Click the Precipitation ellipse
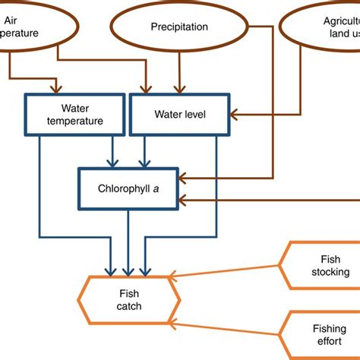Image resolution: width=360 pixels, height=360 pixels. (x=179, y=28)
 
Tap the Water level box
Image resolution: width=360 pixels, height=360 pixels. (x=179, y=115)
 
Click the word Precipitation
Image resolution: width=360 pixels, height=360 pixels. (x=179, y=27)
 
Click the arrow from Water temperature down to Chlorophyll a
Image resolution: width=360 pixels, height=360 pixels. (x=113, y=151)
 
